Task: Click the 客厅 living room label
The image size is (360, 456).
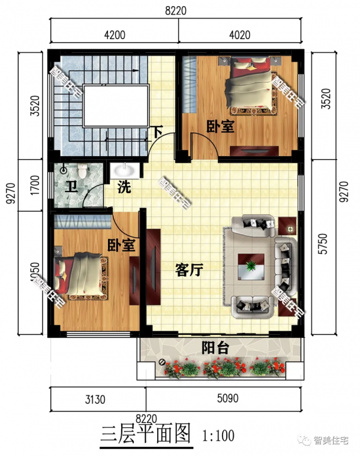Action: tap(188, 271)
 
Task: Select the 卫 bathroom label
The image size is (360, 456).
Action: tap(70, 185)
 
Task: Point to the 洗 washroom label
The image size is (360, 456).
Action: tap(124, 187)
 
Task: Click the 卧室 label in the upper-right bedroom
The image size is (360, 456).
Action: tap(220, 128)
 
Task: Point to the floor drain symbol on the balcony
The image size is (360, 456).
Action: tap(163, 361)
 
